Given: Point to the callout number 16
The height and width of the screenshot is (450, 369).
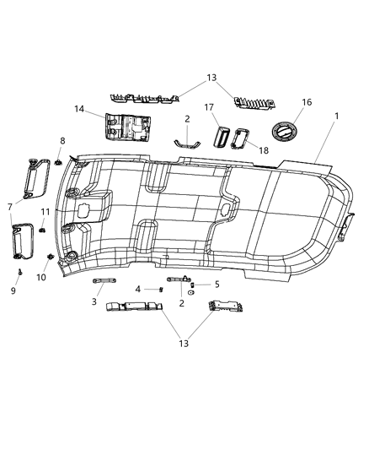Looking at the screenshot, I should click(306, 102).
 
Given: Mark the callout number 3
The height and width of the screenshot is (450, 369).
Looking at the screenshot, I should click(95, 301).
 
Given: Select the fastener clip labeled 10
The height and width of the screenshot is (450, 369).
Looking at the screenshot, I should click(52, 255).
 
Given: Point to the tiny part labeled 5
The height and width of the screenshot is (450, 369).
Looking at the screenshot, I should click(192, 285).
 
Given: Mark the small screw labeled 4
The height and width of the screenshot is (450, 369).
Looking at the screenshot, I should click(160, 289).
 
